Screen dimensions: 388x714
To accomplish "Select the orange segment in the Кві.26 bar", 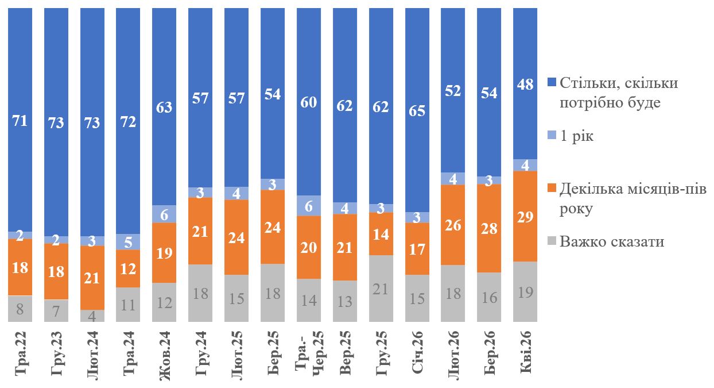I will click(x=525, y=217).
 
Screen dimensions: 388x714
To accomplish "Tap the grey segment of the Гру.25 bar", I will click(x=381, y=289).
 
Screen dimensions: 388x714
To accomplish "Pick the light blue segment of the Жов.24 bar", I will click(x=165, y=214).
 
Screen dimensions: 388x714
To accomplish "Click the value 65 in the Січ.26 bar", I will click(x=417, y=110).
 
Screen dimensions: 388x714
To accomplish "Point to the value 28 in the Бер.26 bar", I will click(x=488, y=228).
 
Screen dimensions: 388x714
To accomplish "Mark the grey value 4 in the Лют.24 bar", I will click(x=92, y=316).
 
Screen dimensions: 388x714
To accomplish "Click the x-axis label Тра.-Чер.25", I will click(x=309, y=354).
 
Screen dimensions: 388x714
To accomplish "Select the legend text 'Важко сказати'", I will click(x=612, y=241).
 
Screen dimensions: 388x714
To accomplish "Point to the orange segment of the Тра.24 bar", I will click(x=129, y=268).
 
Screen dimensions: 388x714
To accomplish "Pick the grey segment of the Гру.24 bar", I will click(x=201, y=293).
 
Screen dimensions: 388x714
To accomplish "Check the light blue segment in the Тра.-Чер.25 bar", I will click(x=309, y=206).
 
